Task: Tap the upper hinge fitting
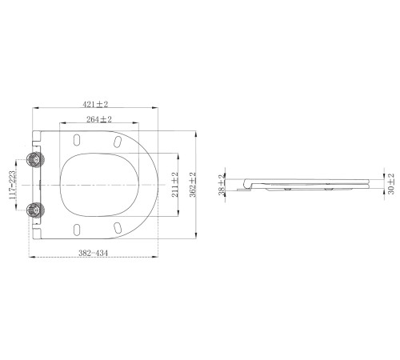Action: [x=34, y=159]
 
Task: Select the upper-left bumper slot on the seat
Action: [x=76, y=140]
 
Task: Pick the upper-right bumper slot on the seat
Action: [x=119, y=141]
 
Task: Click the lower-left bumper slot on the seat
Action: [x=76, y=229]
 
